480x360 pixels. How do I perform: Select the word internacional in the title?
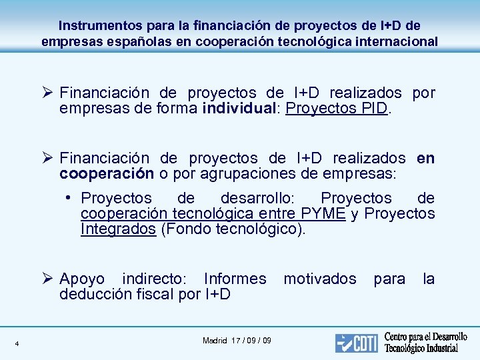point(398,41)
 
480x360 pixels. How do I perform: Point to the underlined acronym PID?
point(374,109)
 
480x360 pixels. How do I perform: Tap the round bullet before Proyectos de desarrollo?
point(70,198)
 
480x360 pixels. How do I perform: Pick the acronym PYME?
point(323,214)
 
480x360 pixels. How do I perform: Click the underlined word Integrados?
point(118,230)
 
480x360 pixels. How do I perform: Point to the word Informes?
point(235,279)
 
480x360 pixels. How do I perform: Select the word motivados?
point(320,279)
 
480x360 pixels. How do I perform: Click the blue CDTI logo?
point(356,343)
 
